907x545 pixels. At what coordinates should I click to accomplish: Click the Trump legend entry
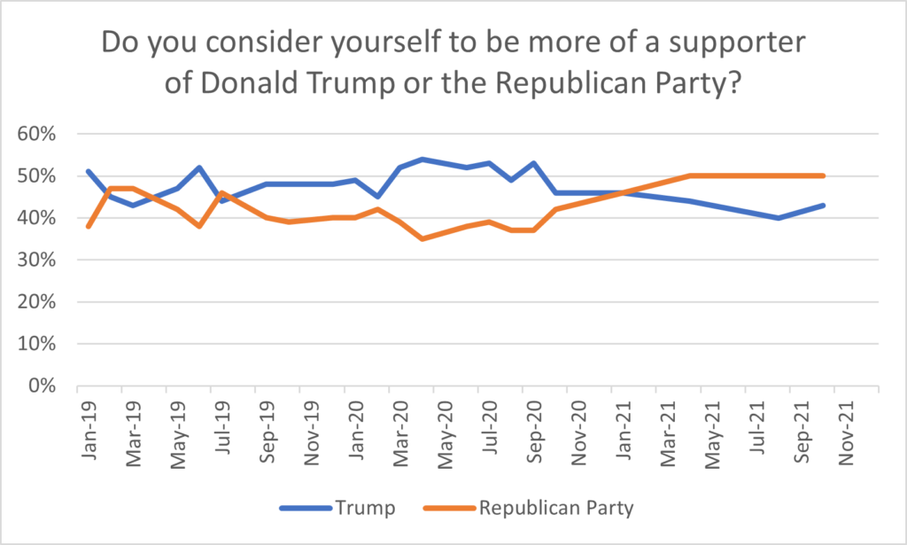pyautogui.click(x=337, y=508)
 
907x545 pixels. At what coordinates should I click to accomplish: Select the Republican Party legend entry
pyautogui.click(x=529, y=508)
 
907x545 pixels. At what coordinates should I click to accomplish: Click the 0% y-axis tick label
pyautogui.click(x=43, y=385)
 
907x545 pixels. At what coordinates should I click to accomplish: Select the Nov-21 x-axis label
pyautogui.click(x=846, y=432)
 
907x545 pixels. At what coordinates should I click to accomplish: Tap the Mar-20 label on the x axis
pyautogui.click(x=400, y=432)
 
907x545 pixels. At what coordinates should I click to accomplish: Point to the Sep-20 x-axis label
pyautogui.click(x=534, y=431)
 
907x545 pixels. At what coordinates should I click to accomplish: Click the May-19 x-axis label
pyautogui.click(x=178, y=433)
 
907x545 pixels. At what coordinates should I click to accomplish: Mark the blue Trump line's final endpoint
pyautogui.click(x=823, y=206)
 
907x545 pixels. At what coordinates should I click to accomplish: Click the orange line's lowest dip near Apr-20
pyautogui.click(x=422, y=238)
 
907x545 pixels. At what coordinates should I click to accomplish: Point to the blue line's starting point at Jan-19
pyautogui.click(x=88, y=171)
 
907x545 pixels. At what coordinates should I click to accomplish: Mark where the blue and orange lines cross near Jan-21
pyautogui.click(x=623, y=193)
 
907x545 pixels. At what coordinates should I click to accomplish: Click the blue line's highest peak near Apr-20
pyautogui.click(x=422, y=160)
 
